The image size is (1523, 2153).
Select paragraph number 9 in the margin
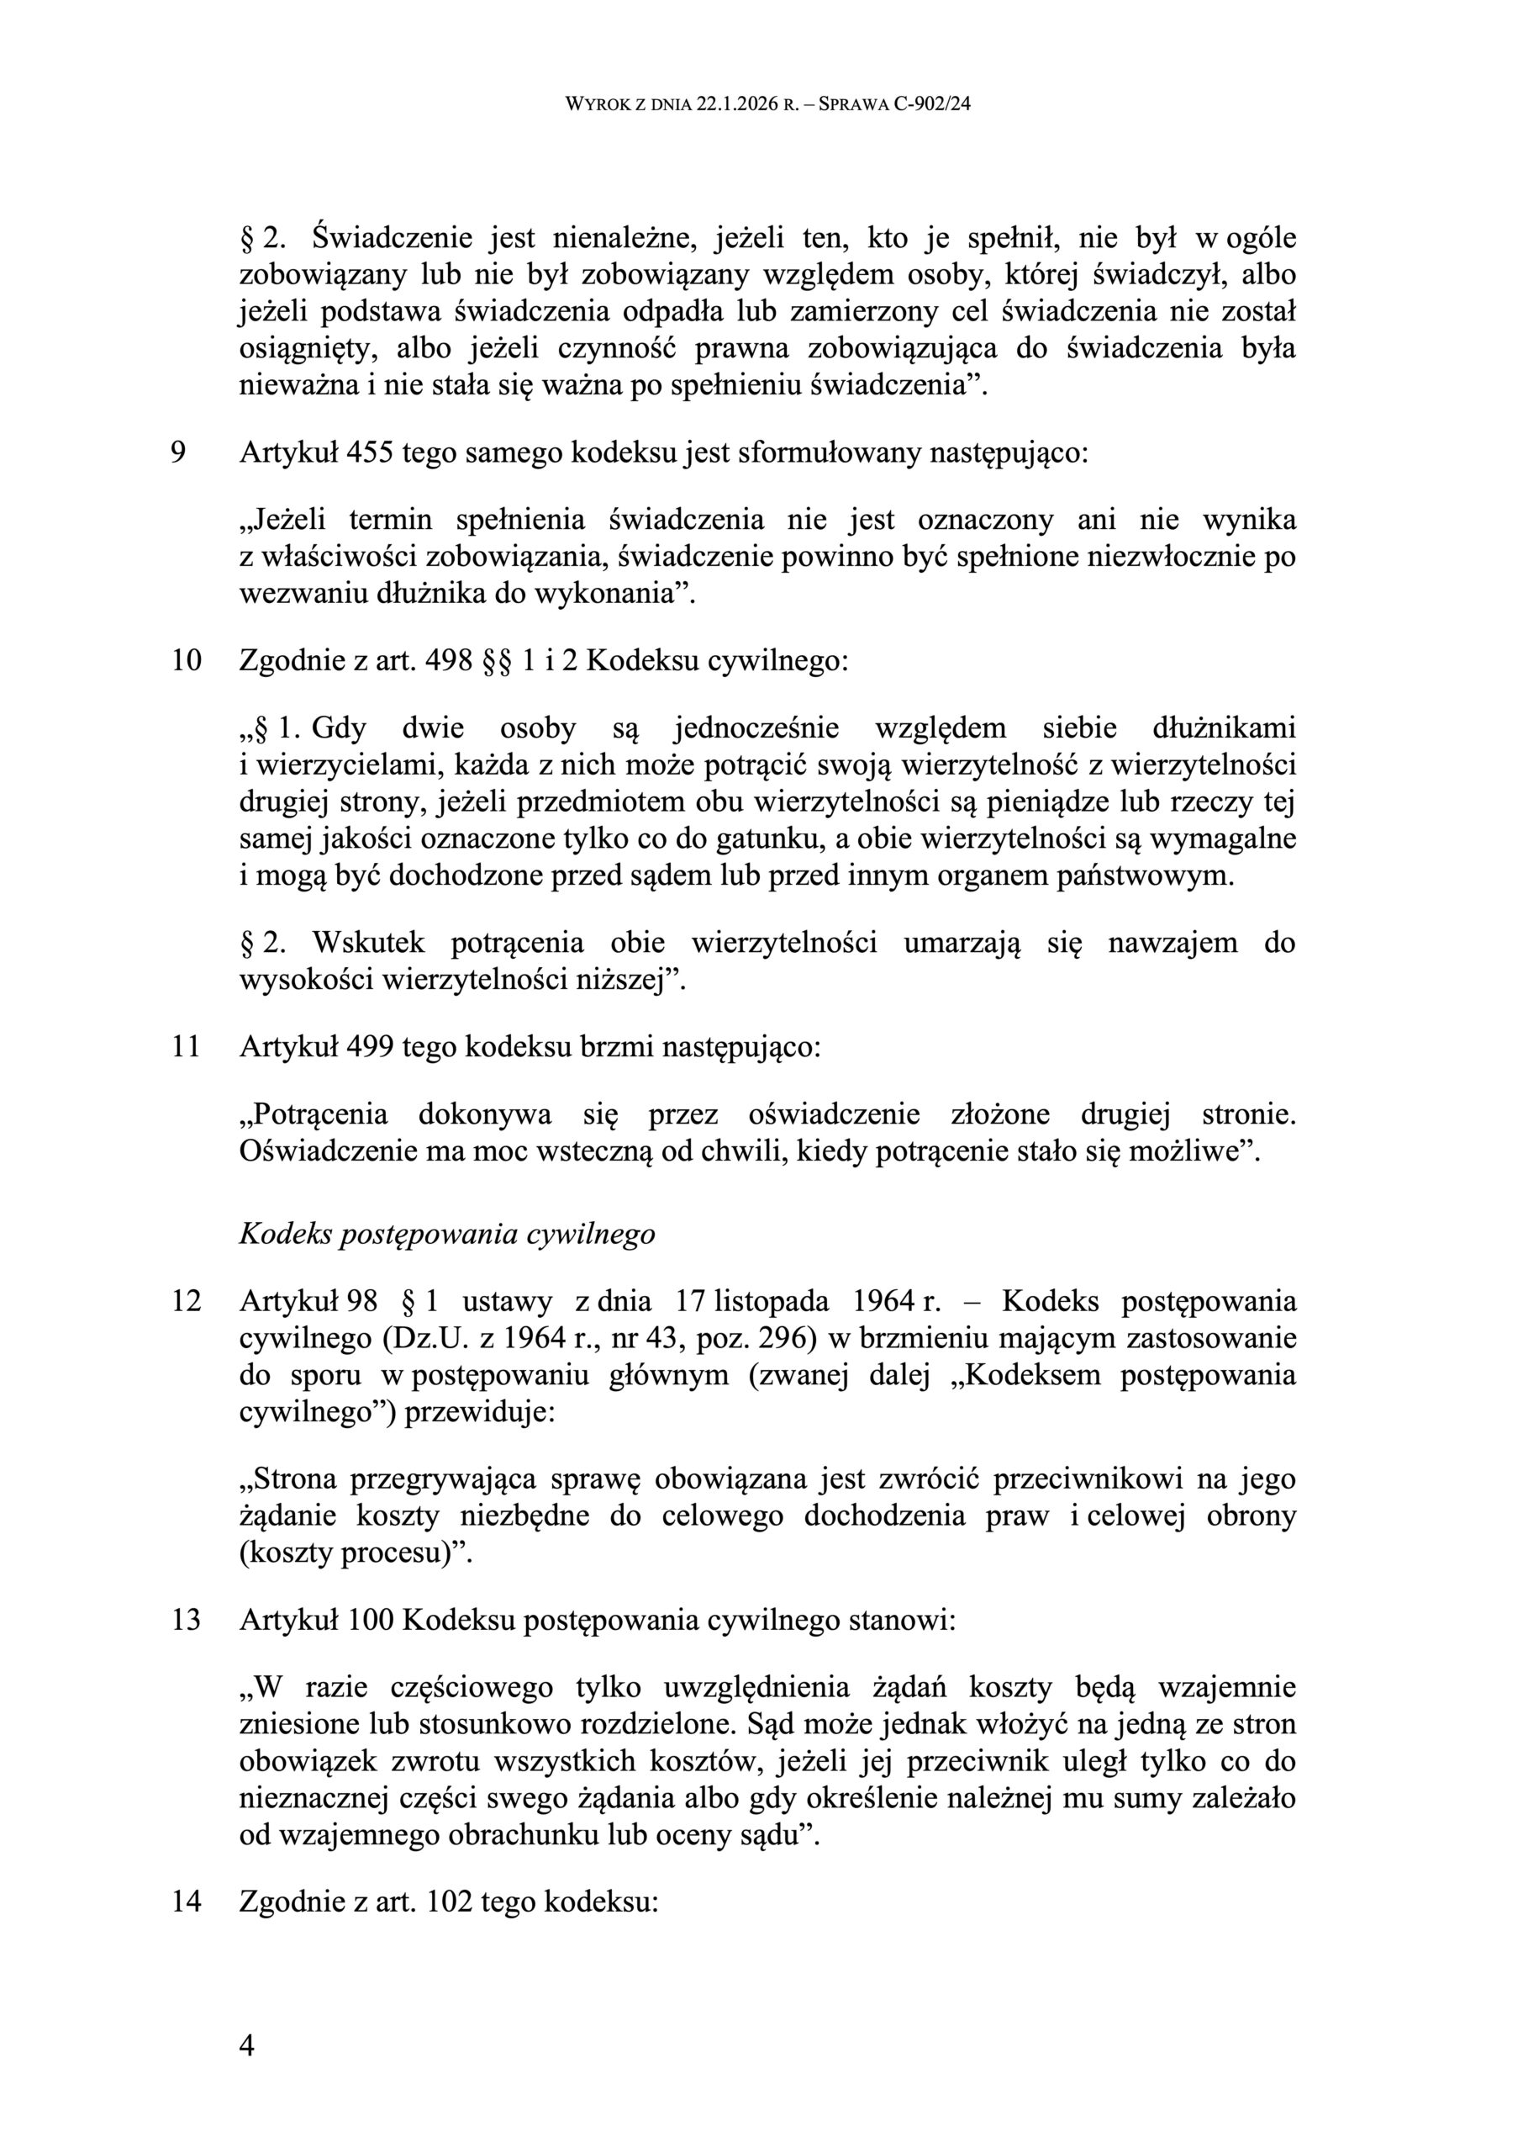click(x=178, y=453)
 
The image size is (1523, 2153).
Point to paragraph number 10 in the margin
click(x=186, y=661)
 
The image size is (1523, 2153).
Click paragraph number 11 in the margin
click(x=186, y=1046)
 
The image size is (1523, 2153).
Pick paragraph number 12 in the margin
click(x=186, y=1302)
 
